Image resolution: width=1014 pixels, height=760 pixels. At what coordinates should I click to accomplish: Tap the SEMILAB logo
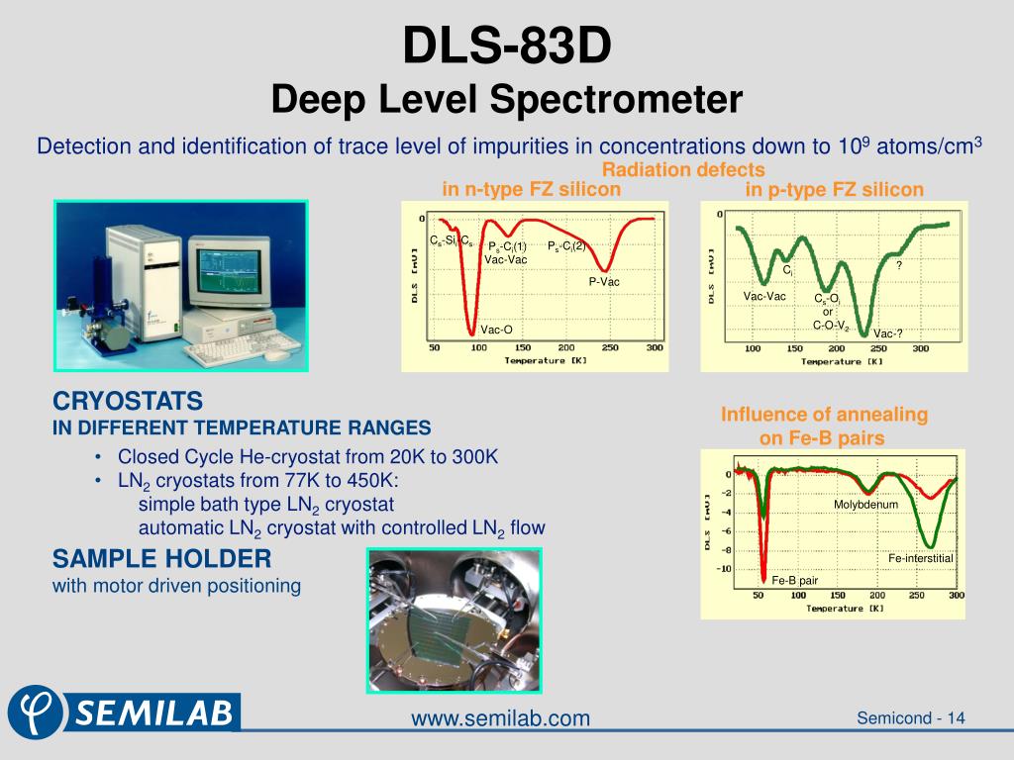click(124, 710)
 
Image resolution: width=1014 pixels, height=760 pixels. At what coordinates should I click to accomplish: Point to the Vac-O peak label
click(496, 330)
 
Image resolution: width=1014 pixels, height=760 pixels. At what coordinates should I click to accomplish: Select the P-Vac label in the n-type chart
click(604, 282)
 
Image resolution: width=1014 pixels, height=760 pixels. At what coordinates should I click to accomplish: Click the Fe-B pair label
click(794, 581)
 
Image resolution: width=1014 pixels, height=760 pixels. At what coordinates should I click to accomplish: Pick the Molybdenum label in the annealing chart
click(865, 505)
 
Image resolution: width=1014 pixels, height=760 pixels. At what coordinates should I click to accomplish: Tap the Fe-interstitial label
click(920, 559)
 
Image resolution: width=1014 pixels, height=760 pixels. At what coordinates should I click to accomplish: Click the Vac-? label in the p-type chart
click(888, 333)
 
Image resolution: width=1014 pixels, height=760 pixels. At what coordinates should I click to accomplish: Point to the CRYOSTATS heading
click(128, 402)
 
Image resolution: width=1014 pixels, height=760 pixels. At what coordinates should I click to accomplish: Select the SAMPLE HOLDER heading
click(161, 559)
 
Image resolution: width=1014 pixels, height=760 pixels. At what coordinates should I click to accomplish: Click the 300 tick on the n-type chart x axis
click(655, 348)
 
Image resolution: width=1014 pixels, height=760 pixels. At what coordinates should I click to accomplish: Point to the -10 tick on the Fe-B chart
click(724, 569)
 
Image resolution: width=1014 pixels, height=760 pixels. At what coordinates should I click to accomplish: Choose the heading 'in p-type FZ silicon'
click(834, 189)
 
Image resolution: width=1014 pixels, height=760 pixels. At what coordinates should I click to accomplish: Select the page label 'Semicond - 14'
click(911, 717)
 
